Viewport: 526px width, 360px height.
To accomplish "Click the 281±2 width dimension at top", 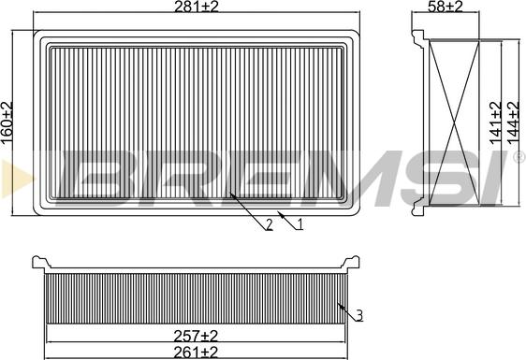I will point(196,8).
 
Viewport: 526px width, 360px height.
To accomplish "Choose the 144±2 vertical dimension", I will point(513,120).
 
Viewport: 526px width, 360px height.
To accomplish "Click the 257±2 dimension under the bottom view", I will point(197,335).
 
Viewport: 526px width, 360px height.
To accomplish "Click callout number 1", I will point(300,223).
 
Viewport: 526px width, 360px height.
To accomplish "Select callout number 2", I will point(269,223).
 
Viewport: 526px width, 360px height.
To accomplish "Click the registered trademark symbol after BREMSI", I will point(518,158).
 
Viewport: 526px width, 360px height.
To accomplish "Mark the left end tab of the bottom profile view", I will point(38,262).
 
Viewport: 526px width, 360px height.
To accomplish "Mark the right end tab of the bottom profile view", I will point(354,262).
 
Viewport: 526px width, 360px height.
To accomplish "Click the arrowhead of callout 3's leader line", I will point(338,305).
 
